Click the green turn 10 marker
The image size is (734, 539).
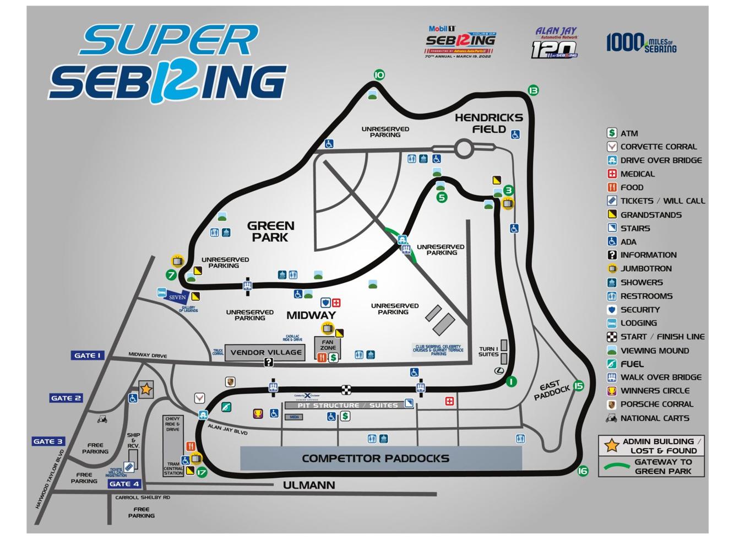click(x=379, y=75)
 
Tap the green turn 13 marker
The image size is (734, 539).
click(x=533, y=90)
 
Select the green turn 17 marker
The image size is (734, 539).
click(x=202, y=472)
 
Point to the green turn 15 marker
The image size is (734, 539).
click(x=578, y=386)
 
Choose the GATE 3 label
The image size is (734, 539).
click(x=48, y=441)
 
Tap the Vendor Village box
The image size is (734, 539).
click(x=265, y=353)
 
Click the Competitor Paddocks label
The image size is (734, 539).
click(x=375, y=459)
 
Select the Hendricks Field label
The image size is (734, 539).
click(x=488, y=123)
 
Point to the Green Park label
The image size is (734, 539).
click(x=270, y=231)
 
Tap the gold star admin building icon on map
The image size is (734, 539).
click(x=145, y=389)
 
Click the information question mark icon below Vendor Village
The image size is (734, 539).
click(x=268, y=362)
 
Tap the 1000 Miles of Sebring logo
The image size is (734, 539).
click(x=641, y=42)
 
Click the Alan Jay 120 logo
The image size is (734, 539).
click(x=555, y=43)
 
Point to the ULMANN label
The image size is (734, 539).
click(x=309, y=485)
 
